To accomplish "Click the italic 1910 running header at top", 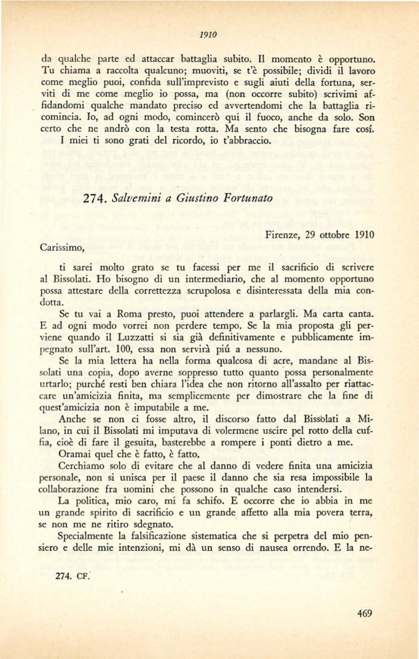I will pos(209,35).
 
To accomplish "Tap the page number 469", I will pos(364,614).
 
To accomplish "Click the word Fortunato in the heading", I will pos(248,198).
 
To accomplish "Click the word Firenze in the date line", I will pos(282,235).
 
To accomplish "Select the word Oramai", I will pos(75,454).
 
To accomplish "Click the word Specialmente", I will pos(88,536).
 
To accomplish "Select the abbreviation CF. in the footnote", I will pos(83,575).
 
